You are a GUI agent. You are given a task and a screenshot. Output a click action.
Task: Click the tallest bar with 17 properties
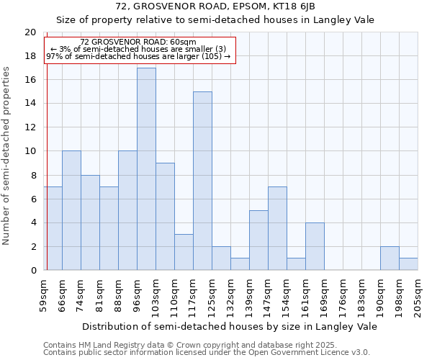pyautogui.click(x=146, y=169)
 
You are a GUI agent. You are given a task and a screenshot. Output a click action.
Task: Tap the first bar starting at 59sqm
pyautogui.click(x=53, y=228)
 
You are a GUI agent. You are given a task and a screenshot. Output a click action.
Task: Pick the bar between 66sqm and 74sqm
pyautogui.click(x=71, y=210)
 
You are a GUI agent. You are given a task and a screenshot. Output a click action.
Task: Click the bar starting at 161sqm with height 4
pyautogui.click(x=315, y=246)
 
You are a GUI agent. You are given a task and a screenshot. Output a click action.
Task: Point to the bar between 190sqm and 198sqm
pyautogui.click(x=390, y=258)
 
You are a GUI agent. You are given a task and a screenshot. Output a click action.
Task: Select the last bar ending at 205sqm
pyautogui.click(x=408, y=264)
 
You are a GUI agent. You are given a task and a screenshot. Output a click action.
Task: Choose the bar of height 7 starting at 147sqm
pyautogui.click(x=277, y=228)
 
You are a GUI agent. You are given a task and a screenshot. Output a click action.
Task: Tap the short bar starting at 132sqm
pyautogui.click(x=240, y=264)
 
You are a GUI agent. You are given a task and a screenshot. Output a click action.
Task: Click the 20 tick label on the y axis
pyautogui.click(x=30, y=32)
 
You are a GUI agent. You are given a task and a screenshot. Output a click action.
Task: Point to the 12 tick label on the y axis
pyautogui.click(x=30, y=127)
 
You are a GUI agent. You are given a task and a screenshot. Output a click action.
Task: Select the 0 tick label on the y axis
pyautogui.click(x=33, y=271)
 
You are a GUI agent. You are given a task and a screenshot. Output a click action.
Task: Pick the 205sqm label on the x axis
pyautogui.click(x=418, y=296)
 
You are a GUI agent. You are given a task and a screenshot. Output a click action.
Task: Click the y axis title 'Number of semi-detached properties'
pyautogui.click(x=7, y=156)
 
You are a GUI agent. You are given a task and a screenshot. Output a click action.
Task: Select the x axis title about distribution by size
pyautogui.click(x=230, y=326)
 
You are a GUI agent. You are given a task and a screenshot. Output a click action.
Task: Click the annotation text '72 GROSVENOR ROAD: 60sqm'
pyautogui.click(x=138, y=42)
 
